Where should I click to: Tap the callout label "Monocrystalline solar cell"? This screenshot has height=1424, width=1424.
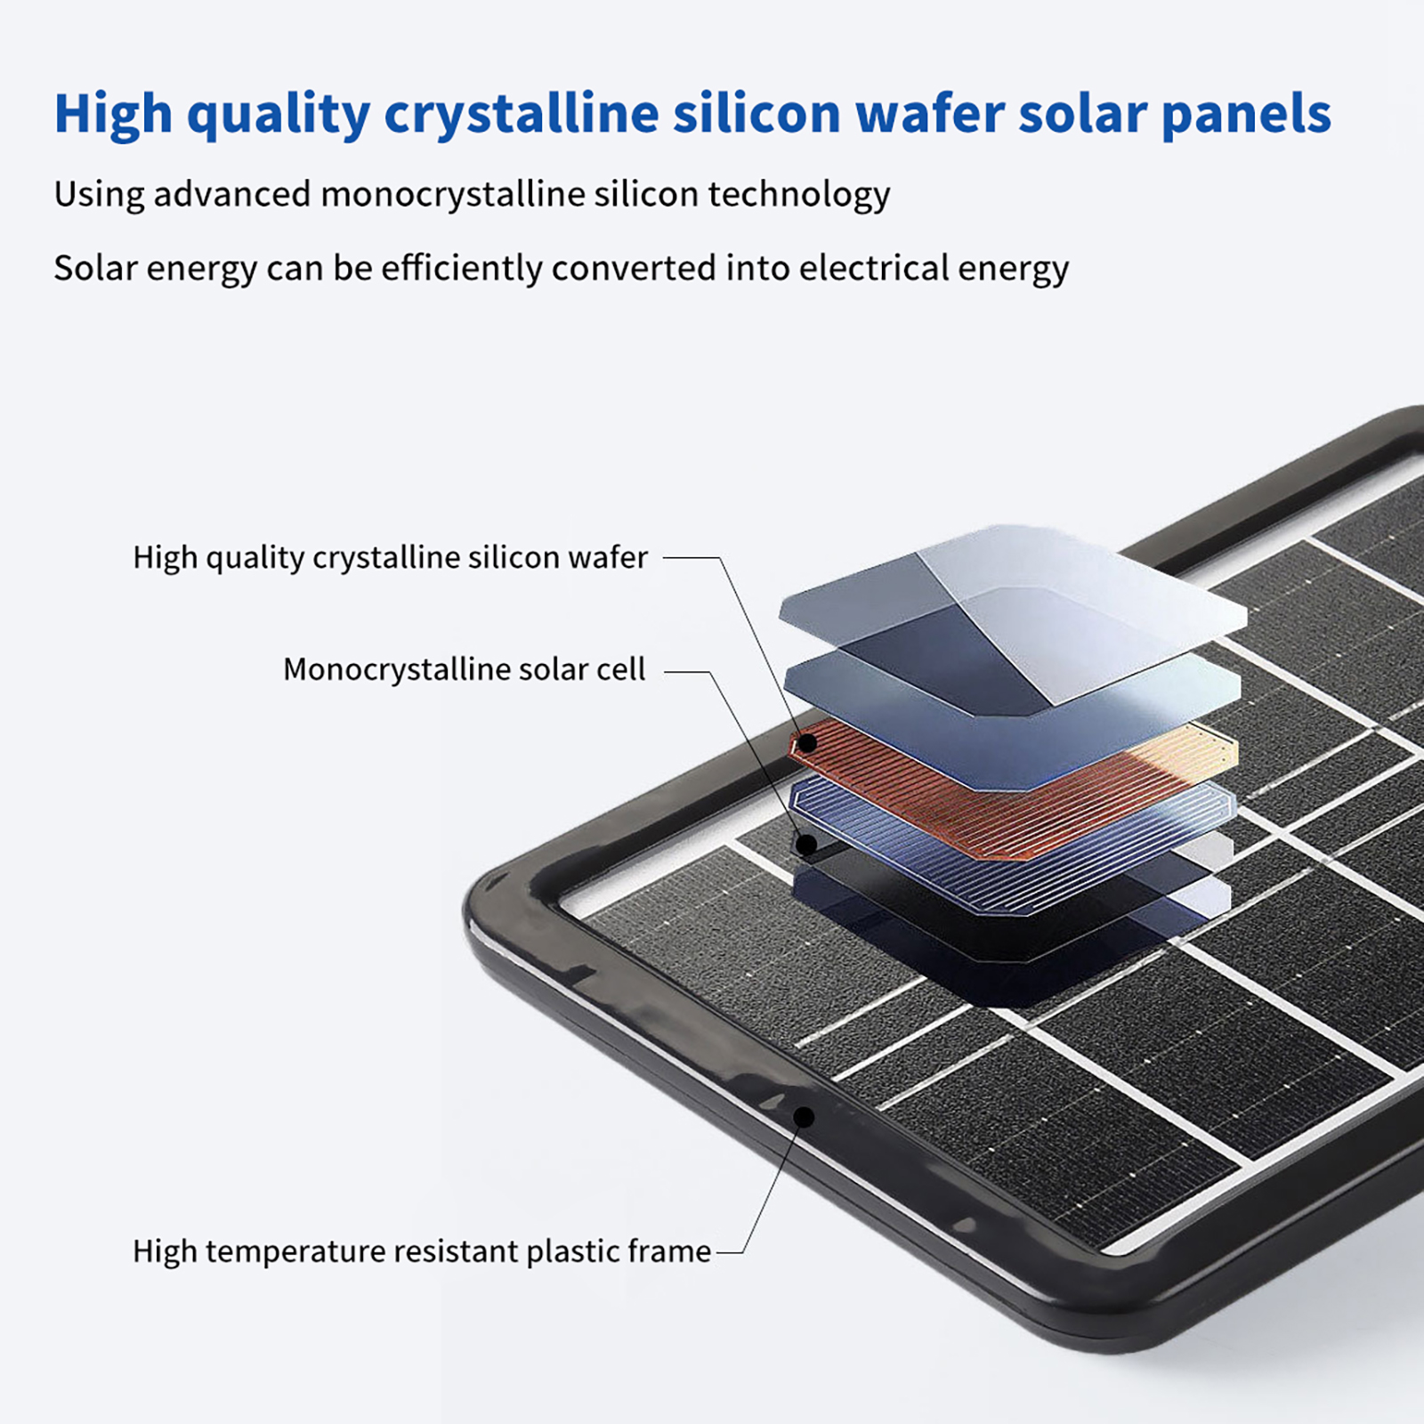[464, 669]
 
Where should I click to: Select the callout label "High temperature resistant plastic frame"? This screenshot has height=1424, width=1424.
[422, 1251]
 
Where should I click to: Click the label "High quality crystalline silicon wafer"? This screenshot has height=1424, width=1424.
[390, 557]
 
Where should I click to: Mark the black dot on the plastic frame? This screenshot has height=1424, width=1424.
[804, 1116]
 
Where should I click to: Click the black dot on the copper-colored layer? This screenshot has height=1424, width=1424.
[807, 741]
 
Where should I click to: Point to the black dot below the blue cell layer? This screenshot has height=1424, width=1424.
[806, 843]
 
